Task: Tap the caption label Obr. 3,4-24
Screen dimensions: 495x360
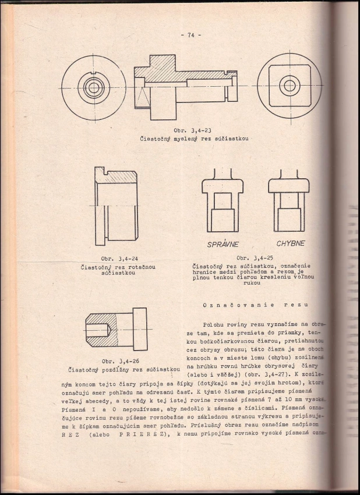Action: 119,259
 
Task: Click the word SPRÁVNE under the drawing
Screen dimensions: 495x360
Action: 223,244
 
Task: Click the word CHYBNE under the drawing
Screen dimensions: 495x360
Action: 290,243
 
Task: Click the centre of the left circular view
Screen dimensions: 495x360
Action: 93,87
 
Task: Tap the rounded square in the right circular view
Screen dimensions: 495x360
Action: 289,87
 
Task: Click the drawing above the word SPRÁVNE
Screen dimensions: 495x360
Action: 223,201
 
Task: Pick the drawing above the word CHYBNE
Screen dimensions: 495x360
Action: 289,201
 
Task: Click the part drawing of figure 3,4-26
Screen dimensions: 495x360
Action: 117,330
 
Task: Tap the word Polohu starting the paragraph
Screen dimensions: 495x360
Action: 214,324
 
